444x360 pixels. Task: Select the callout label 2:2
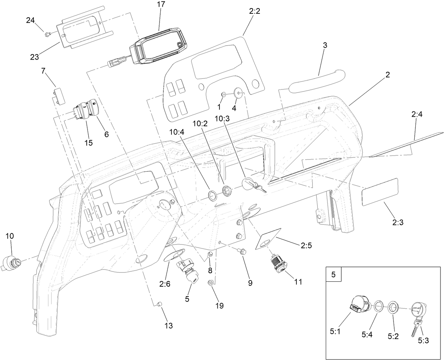pyautogui.click(x=254, y=11)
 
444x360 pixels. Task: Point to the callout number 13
pyautogui.click(x=169, y=326)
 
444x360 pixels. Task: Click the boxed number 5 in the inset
pyautogui.click(x=334, y=274)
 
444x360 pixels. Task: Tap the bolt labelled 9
pyautogui.click(x=243, y=251)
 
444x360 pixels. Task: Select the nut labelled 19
pyautogui.click(x=211, y=282)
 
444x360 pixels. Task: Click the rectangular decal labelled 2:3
pyautogui.click(x=380, y=192)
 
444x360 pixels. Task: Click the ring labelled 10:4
pyautogui.click(x=212, y=195)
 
